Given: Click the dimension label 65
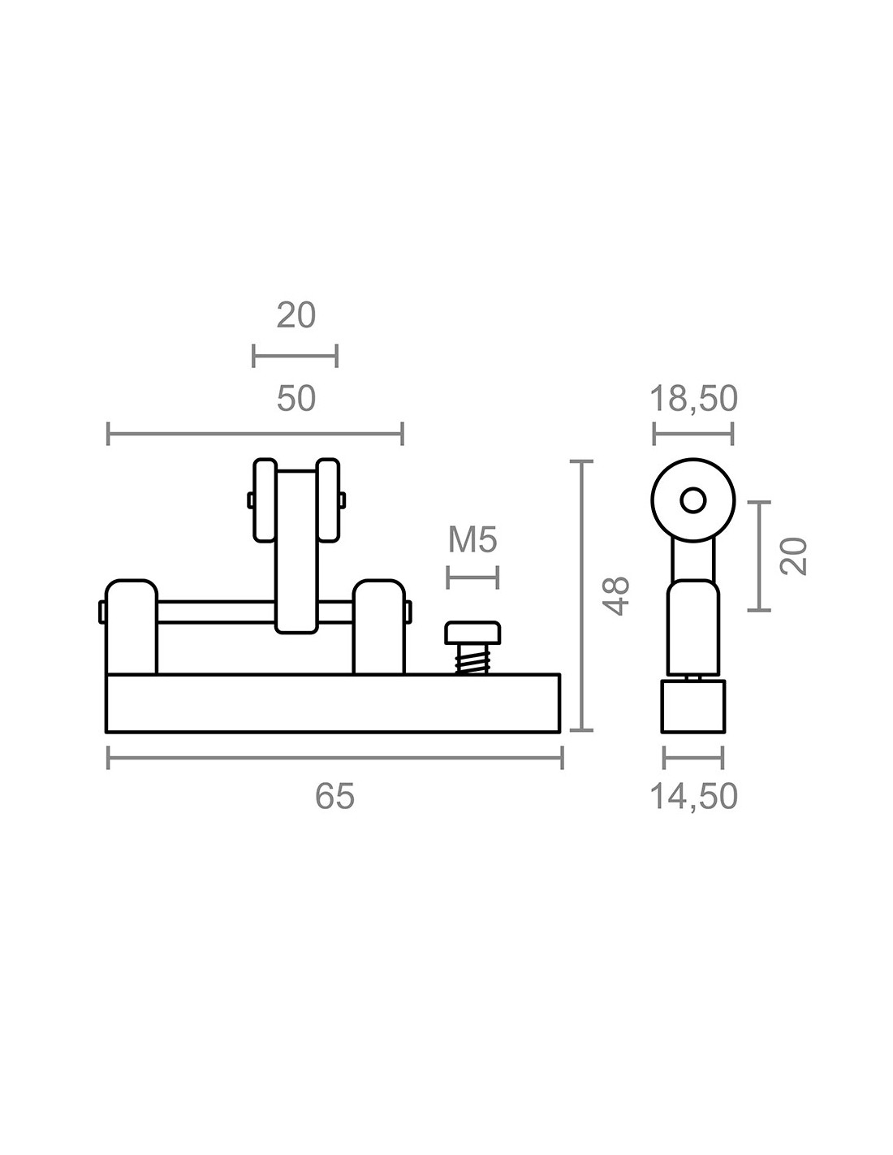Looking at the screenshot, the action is click(x=334, y=796).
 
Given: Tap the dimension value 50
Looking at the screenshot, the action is click(x=296, y=399).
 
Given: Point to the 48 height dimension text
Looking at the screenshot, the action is click(x=617, y=596).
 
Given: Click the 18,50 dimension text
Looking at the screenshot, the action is click(x=693, y=399).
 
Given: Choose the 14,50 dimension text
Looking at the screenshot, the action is click(x=693, y=796).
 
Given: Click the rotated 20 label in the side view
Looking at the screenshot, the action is click(x=793, y=556).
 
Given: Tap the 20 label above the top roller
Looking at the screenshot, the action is click(x=296, y=315).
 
